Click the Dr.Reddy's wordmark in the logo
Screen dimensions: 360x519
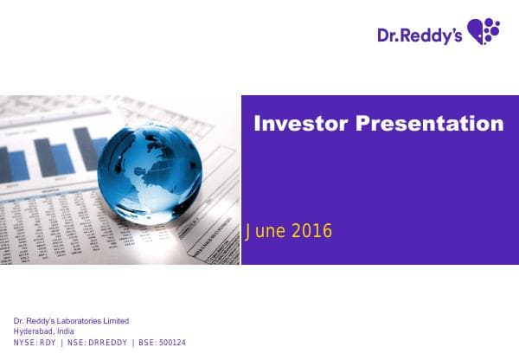[x=420, y=35]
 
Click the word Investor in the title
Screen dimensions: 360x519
[x=296, y=124]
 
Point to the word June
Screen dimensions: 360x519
[x=264, y=231]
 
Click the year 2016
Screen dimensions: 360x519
[x=312, y=231]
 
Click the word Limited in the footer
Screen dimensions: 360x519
[x=115, y=320]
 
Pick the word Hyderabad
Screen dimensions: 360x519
[x=32, y=331]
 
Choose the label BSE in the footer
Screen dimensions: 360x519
[x=140, y=342]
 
